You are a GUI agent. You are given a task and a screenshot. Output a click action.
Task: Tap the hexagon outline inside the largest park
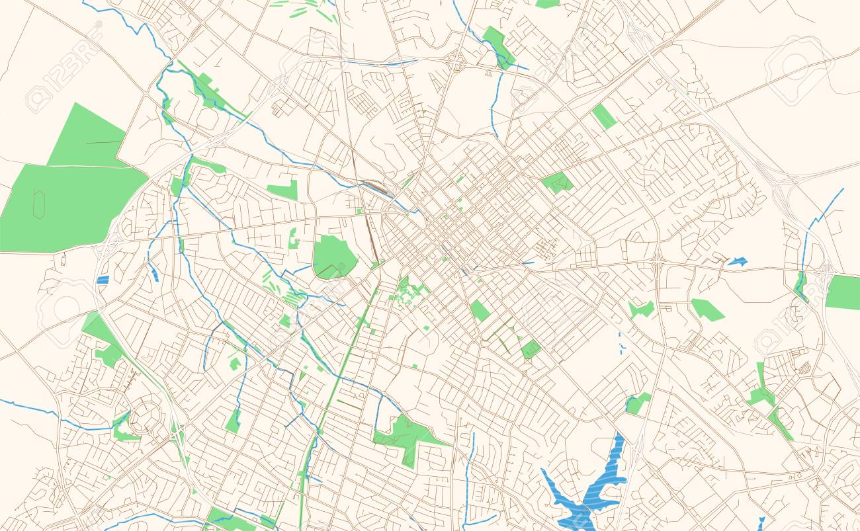click(x=39, y=205)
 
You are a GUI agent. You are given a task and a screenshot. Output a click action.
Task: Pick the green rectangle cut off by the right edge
click(x=843, y=292)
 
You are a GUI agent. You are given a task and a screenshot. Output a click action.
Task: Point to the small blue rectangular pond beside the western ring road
click(x=103, y=280)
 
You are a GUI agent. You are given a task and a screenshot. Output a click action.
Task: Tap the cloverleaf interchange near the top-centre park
click(x=455, y=62)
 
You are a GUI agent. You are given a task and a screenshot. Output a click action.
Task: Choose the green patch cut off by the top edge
click(x=547, y=3)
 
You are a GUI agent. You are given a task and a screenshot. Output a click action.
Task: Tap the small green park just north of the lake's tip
click(x=638, y=403)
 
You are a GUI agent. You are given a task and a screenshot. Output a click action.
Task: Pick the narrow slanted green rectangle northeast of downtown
click(x=603, y=116)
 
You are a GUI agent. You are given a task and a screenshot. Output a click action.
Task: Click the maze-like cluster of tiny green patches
click(x=409, y=291)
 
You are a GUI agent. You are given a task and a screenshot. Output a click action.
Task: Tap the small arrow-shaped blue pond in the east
click(x=737, y=262)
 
